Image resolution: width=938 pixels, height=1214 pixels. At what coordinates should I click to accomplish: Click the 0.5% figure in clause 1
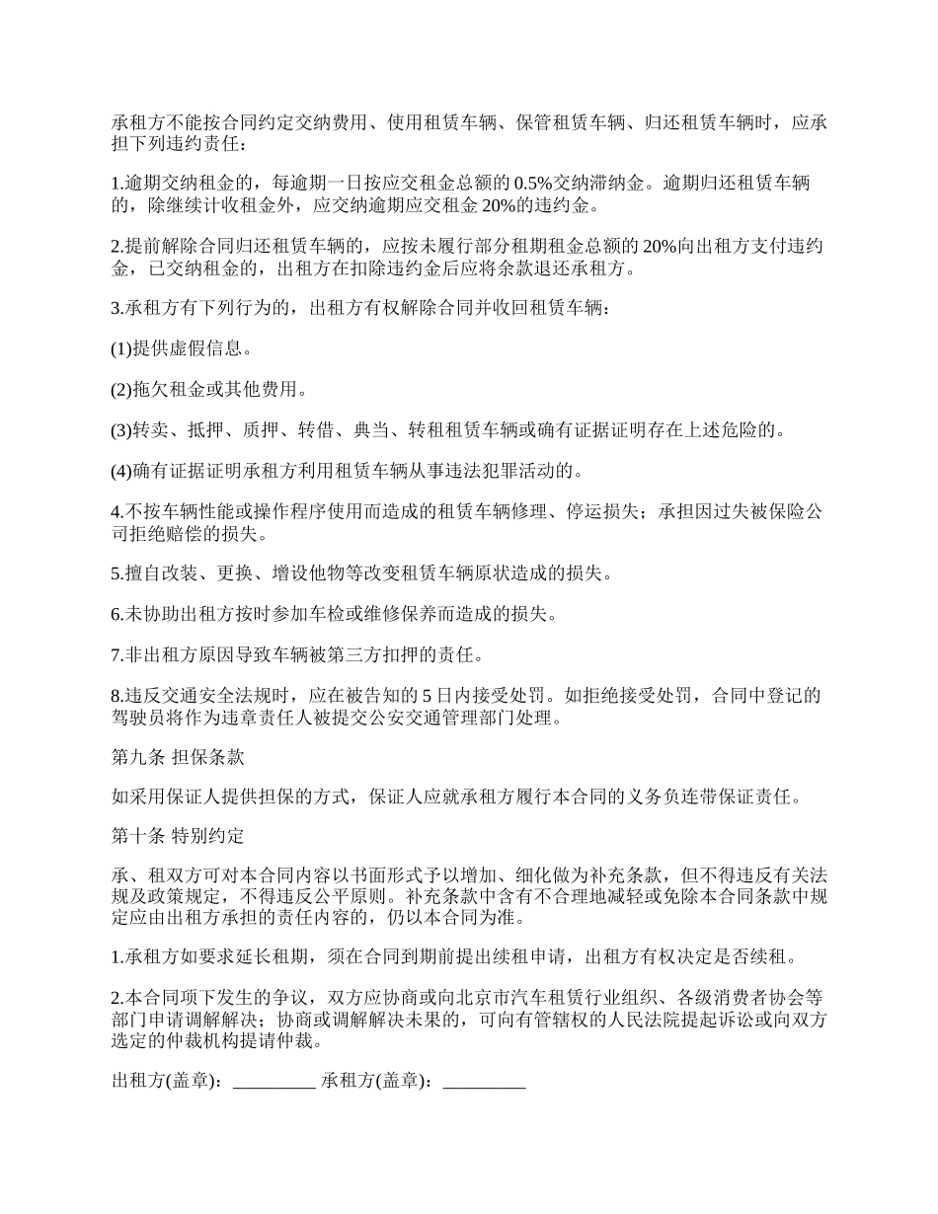[533, 184]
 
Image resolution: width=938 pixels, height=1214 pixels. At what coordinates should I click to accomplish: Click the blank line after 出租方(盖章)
[274, 1082]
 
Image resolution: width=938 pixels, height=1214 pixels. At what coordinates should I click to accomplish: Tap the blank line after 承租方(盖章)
[485, 1082]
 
